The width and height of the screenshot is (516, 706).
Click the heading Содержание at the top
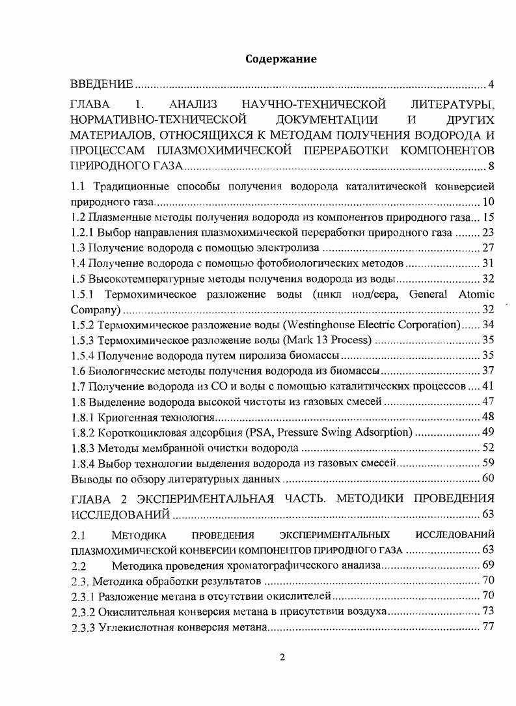(x=281, y=59)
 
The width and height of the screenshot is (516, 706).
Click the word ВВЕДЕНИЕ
(x=102, y=85)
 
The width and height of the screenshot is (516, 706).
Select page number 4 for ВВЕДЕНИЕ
(x=491, y=85)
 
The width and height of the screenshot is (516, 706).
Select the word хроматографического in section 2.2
(x=264, y=565)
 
